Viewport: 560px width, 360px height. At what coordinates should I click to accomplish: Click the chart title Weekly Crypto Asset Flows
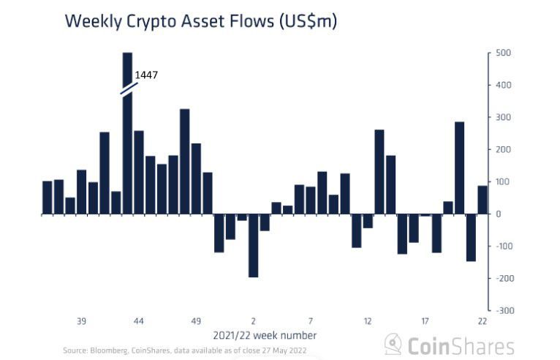(x=201, y=20)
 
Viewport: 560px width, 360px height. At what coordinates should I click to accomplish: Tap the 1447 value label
(x=146, y=75)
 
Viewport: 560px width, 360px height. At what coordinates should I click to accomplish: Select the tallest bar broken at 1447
(x=127, y=139)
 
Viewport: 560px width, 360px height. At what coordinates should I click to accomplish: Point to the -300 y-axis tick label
(x=504, y=311)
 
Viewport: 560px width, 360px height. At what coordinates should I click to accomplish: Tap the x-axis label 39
(x=81, y=321)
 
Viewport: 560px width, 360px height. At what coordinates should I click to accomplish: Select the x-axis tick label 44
(x=139, y=321)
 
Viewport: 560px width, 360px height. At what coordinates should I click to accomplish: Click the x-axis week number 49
(x=196, y=321)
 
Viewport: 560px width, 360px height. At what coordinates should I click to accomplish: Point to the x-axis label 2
(x=254, y=321)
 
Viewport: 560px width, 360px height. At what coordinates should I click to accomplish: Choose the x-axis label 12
(x=368, y=321)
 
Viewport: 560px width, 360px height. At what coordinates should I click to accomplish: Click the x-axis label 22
(x=483, y=321)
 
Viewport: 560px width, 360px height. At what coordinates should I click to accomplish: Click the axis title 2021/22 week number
(x=265, y=335)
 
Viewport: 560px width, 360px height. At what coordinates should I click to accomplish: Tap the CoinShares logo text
(x=460, y=345)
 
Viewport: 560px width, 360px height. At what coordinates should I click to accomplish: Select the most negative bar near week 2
(x=254, y=245)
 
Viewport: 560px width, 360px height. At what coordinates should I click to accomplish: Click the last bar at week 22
(x=483, y=200)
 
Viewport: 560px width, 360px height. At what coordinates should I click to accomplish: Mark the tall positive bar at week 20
(x=460, y=168)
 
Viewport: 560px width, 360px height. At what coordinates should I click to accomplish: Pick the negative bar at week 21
(x=471, y=237)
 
